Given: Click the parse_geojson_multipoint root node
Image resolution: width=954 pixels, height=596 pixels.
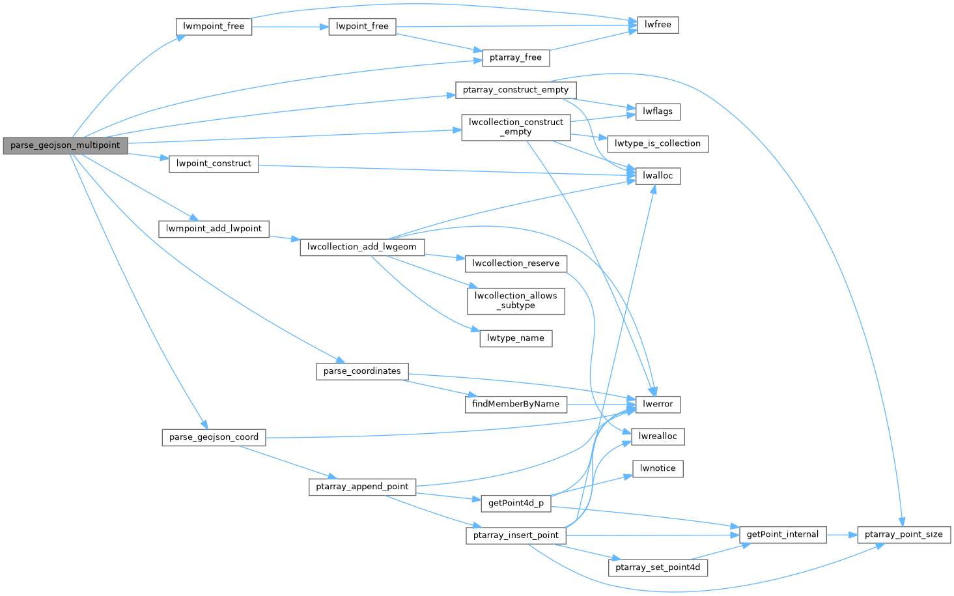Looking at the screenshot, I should coord(65,145).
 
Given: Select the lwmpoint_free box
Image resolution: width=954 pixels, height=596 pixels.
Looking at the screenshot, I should coord(214,27).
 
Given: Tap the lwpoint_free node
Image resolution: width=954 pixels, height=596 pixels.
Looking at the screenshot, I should coord(362,27).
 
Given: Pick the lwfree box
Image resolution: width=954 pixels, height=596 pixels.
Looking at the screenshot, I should coord(658,25).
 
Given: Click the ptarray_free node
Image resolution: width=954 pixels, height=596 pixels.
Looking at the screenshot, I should coord(516,57).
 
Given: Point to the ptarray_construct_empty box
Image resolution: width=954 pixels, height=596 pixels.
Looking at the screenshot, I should coord(516,90).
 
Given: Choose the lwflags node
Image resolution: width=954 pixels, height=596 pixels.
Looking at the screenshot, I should coord(658,111).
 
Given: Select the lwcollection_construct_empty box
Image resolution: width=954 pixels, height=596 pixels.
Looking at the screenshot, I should coord(516,127).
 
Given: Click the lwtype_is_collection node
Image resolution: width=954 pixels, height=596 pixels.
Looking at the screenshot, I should coord(658,143).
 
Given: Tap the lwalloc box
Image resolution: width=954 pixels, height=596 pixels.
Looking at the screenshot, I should coord(658,176).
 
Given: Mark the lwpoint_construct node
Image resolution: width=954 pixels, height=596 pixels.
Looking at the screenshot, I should coord(214,163).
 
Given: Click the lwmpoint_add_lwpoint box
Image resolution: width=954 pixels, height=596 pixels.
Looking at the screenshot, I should coord(214,229).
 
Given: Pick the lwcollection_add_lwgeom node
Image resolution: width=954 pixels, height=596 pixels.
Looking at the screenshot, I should coord(362,247).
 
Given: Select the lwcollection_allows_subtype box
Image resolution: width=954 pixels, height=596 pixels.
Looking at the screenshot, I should coord(516,300).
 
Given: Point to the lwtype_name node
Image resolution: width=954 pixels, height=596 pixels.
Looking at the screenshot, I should coord(516,338).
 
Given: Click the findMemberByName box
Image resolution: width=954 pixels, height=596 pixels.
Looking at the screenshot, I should coord(516,404).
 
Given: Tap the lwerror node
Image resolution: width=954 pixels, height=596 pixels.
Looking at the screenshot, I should coord(658,404).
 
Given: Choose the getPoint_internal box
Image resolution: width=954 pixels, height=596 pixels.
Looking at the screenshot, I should coord(782,535).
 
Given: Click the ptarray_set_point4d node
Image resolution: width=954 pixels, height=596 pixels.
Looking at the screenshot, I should coord(658,567).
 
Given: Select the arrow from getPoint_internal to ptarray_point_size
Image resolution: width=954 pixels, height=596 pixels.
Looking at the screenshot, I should coord(842,535).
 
